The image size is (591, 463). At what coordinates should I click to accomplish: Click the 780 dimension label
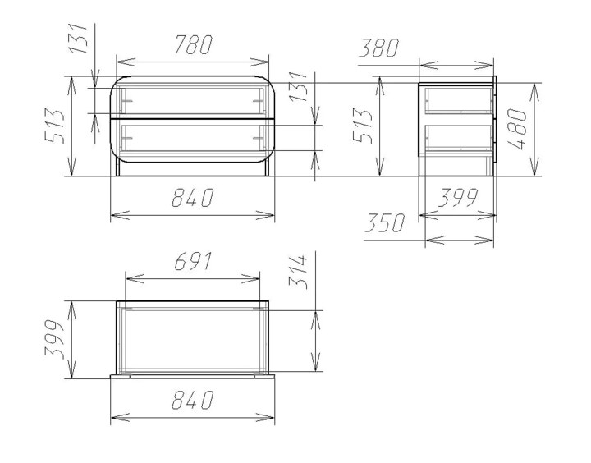pyautogui.click(x=194, y=44)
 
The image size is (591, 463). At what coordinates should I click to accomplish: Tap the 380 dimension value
pyautogui.click(x=378, y=48)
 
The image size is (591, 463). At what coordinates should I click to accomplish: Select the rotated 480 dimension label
pyautogui.click(x=517, y=130)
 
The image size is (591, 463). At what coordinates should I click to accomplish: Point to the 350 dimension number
pyautogui.click(x=384, y=222)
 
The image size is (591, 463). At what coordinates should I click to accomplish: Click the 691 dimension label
pyautogui.click(x=194, y=261)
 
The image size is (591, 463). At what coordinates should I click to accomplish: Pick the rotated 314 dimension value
pyautogui.click(x=299, y=272)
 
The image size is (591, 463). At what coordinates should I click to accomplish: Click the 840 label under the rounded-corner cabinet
pyautogui.click(x=193, y=198)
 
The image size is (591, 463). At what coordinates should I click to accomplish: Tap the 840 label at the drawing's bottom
pyautogui.click(x=193, y=400)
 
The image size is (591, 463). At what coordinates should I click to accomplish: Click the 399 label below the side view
pyautogui.click(x=458, y=198)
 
